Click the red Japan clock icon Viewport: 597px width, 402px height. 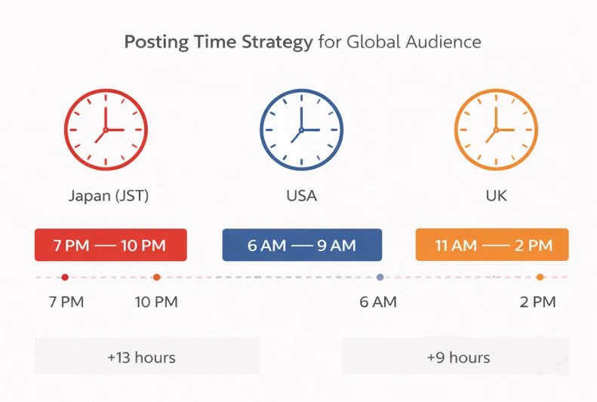pyautogui.click(x=106, y=130)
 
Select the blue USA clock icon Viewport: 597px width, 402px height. pyautogui.click(x=301, y=130)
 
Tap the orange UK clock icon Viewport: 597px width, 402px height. pyautogui.click(x=495, y=130)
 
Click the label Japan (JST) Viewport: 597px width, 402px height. pyautogui.click(x=109, y=197)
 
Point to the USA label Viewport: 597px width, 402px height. pyautogui.click(x=301, y=197)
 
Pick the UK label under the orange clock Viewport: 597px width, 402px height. pyautogui.click(x=496, y=197)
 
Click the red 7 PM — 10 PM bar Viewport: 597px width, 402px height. pyautogui.click(x=110, y=245)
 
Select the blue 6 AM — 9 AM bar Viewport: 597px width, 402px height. pyautogui.click(x=302, y=245)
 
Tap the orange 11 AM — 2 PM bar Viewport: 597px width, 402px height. pyautogui.click(x=492, y=245)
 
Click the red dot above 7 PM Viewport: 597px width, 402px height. pyautogui.click(x=65, y=278)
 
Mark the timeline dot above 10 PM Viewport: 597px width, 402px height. pyautogui.click(x=156, y=278)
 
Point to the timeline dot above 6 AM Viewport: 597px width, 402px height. pyautogui.click(x=380, y=278)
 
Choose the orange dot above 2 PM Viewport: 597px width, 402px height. pyautogui.click(x=540, y=278)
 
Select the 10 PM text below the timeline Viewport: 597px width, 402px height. pyautogui.click(x=155, y=303)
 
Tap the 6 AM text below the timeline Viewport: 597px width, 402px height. pyautogui.click(x=378, y=303)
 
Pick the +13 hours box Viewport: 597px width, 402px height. pyautogui.click(x=146, y=357)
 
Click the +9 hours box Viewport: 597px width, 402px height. pyautogui.click(x=456, y=357)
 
